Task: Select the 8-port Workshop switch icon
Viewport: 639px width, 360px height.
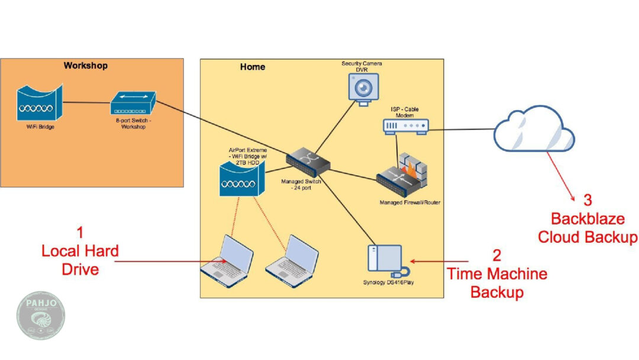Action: [x=133, y=103]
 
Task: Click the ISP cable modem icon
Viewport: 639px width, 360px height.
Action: [x=405, y=126]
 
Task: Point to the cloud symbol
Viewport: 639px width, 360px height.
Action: [x=534, y=130]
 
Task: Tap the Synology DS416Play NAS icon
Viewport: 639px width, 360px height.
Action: [x=385, y=261]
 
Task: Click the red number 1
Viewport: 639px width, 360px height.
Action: [x=81, y=232]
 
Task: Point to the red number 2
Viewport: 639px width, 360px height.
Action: [x=496, y=255]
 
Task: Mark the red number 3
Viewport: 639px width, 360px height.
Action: [x=588, y=200]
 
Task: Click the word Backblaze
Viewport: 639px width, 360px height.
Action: [x=588, y=219]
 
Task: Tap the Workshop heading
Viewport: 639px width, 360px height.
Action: [x=86, y=66]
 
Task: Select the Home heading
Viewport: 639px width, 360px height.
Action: [x=253, y=67]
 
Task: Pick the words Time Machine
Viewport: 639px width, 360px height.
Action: [x=497, y=274]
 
